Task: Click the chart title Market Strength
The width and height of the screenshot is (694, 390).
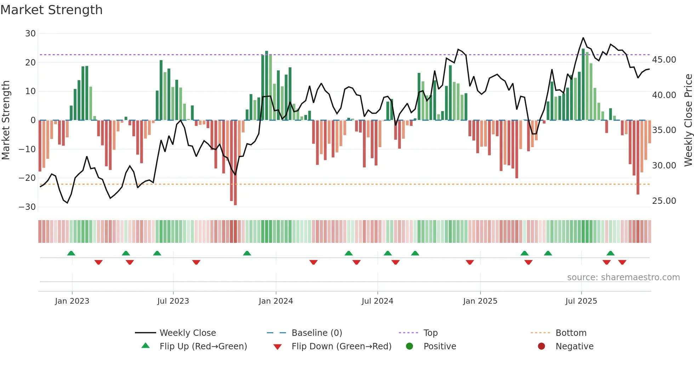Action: click(x=51, y=10)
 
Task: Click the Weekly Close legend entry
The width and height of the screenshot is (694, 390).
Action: click(x=187, y=333)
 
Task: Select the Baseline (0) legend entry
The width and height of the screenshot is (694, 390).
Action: click(x=317, y=333)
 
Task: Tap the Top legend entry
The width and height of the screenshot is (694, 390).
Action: click(x=430, y=333)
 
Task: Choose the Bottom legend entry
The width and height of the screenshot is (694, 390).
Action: click(x=571, y=333)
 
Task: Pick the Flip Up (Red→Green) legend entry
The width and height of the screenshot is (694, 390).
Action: click(x=203, y=346)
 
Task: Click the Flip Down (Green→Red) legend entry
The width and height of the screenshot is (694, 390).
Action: click(x=341, y=346)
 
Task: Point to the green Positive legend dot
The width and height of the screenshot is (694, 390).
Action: click(x=409, y=346)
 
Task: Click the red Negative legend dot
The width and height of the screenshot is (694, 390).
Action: click(x=541, y=346)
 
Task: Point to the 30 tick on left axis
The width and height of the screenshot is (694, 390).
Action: click(x=30, y=34)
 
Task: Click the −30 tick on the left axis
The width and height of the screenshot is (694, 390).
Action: click(x=27, y=207)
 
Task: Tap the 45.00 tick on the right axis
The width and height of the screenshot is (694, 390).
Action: click(x=664, y=59)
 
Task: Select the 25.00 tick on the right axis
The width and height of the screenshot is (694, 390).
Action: click(x=664, y=201)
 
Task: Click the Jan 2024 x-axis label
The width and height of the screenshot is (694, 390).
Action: click(x=276, y=301)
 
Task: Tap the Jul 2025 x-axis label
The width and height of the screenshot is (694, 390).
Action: click(x=581, y=301)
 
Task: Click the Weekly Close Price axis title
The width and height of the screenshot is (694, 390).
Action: click(x=688, y=120)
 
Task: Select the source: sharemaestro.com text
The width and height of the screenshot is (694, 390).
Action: click(x=623, y=277)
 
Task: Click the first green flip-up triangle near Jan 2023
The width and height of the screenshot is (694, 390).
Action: click(x=71, y=253)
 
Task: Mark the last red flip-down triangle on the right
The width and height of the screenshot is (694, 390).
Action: click(x=622, y=262)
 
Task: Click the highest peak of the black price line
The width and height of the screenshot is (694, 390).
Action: click(x=583, y=38)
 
